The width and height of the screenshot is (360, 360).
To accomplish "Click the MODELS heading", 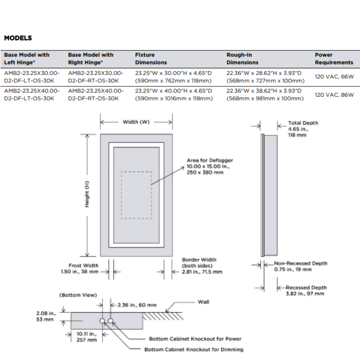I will [x=18, y=38].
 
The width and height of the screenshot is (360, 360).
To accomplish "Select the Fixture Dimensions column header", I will [x=151, y=59].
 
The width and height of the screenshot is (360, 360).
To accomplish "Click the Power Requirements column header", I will [x=334, y=59].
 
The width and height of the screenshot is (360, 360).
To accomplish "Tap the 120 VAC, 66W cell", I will [x=334, y=77].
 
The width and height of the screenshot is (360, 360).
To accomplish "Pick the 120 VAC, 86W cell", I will [x=334, y=95].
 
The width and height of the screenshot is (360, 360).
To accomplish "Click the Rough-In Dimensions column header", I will [x=242, y=59].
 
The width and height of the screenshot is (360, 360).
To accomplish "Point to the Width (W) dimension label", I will [x=136, y=122].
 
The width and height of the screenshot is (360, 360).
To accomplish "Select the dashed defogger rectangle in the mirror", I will [x=136, y=195].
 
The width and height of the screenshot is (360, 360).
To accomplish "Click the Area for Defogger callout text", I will [x=210, y=166].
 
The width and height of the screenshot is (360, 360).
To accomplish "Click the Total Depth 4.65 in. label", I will [x=303, y=129].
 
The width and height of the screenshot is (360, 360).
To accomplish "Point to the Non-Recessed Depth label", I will [x=300, y=266].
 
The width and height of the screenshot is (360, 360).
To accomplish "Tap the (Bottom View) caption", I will [x=78, y=295].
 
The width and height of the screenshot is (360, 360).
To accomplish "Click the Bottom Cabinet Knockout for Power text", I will [x=195, y=339].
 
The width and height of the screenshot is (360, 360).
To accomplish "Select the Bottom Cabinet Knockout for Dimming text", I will [x=194, y=349].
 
